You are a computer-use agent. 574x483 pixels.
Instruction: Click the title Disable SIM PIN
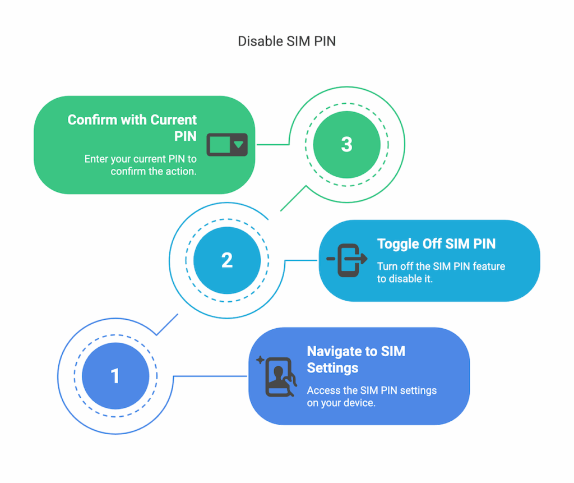[x=286, y=41]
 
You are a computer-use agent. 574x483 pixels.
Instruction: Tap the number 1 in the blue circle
[x=115, y=376]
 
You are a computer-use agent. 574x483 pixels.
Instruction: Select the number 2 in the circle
[x=226, y=260]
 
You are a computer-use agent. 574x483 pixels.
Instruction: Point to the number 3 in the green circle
[x=346, y=144]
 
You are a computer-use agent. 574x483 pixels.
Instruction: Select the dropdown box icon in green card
[x=227, y=145]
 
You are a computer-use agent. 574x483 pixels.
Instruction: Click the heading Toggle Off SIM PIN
[x=436, y=244]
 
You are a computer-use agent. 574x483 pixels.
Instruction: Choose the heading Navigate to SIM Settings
[x=355, y=360]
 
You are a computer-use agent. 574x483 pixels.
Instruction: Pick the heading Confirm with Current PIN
[x=132, y=128]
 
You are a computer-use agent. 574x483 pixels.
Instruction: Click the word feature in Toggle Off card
[x=489, y=266]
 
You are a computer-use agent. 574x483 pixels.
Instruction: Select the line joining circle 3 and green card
[x=274, y=144]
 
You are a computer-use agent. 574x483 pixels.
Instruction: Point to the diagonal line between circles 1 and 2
[x=167, y=325]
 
